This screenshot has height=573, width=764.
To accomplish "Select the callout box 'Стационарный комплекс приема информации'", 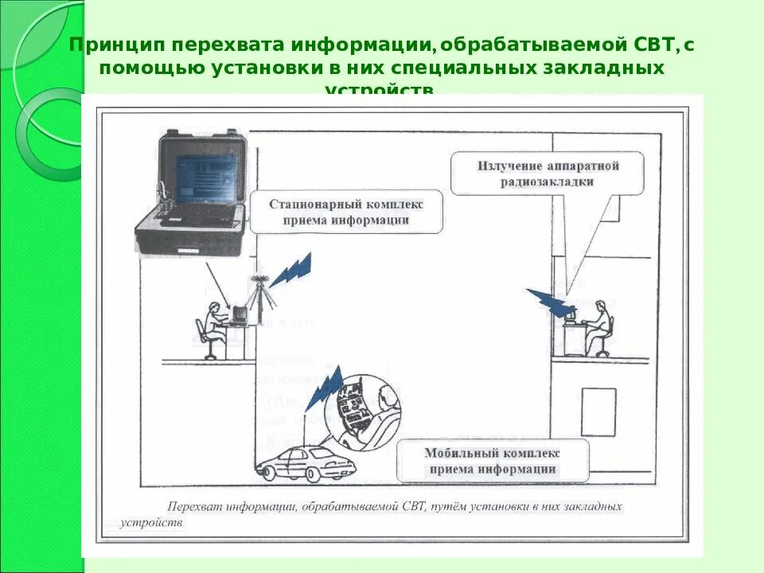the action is (346, 212).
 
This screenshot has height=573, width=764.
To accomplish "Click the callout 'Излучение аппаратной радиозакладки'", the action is (548, 173).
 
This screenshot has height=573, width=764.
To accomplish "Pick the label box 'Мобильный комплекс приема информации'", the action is (493, 461).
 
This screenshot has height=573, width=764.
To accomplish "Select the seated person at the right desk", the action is (600, 326).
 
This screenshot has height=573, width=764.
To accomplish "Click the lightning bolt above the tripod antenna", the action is (290, 271).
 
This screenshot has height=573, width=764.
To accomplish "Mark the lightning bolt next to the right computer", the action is (548, 302).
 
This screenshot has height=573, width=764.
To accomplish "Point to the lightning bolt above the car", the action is (325, 389).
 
